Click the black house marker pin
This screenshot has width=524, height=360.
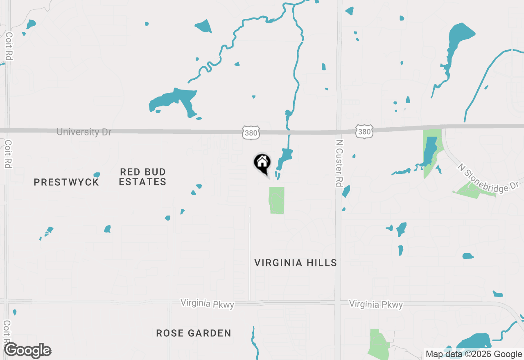point(262,163)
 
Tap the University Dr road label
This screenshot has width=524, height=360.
point(84,132)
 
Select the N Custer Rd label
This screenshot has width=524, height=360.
point(339,163)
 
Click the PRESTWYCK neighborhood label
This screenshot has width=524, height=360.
point(66,182)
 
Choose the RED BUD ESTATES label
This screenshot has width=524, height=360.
point(143,177)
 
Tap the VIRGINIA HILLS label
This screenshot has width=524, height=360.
point(296,263)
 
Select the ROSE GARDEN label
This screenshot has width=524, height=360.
point(194,333)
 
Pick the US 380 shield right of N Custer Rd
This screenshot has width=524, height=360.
point(364,131)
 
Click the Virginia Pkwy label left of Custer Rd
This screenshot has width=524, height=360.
point(208,304)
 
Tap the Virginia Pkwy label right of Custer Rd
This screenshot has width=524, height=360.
point(376,305)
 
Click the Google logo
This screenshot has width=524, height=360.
point(28,351)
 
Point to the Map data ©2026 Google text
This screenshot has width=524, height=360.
point(474,354)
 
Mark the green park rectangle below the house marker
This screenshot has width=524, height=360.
point(277,200)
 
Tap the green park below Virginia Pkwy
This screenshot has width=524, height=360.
point(379,344)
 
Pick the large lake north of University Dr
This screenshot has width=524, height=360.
point(174,100)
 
